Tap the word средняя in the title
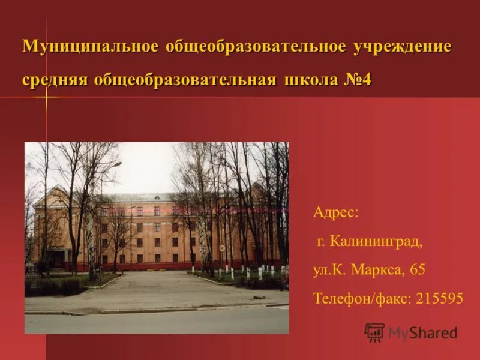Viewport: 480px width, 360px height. coord(55,80)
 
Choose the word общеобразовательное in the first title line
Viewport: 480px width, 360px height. coord(251,47)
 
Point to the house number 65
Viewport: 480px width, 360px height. coord(418,270)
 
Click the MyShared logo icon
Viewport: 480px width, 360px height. coord(374,332)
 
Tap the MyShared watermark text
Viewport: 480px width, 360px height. coord(422,333)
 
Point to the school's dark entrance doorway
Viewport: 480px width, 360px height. coord(59,259)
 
